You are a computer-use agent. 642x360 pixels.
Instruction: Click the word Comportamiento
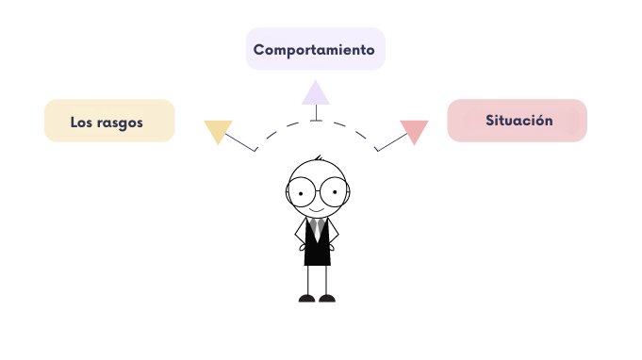[x=314, y=49]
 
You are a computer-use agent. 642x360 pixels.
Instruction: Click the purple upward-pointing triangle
[x=315, y=93]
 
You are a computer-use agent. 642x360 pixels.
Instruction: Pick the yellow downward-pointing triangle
[x=218, y=130]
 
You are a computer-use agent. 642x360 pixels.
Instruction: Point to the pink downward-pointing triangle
[x=414, y=130]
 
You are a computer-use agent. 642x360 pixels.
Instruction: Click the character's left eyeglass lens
[x=303, y=192]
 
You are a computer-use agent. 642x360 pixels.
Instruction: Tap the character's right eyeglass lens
[x=333, y=192]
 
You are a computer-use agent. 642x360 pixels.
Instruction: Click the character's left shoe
[x=307, y=298]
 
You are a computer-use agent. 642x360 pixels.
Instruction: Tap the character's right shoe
[x=327, y=298]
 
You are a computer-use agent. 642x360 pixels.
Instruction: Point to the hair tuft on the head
[x=319, y=158]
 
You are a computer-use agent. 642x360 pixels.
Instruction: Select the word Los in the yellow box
[x=81, y=123]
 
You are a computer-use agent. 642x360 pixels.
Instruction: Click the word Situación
[x=519, y=122]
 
